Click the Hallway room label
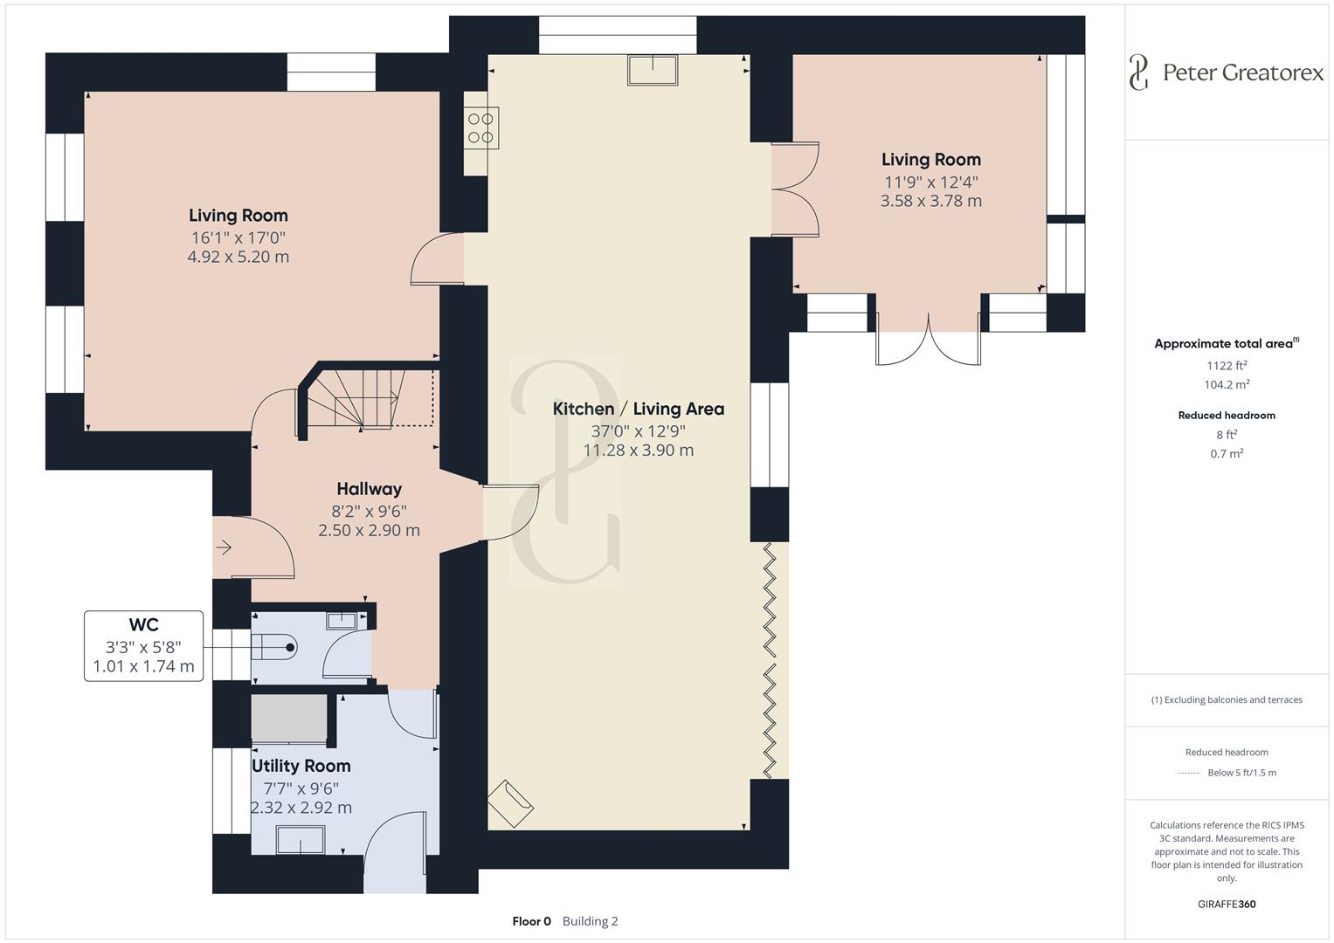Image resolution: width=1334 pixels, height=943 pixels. [x=369, y=489]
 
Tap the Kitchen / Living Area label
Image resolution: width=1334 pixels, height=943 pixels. [x=638, y=409]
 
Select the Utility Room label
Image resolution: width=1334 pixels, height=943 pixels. [x=301, y=766]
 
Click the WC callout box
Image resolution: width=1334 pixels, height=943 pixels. [x=144, y=646]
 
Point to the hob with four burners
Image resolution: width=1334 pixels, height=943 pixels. [x=481, y=127]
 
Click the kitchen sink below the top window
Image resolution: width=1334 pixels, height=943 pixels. [x=652, y=70]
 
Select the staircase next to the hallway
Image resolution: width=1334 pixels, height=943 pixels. [x=367, y=397]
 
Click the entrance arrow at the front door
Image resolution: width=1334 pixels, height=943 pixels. [x=224, y=547]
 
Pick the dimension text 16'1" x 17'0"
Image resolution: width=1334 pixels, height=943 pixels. [x=238, y=237]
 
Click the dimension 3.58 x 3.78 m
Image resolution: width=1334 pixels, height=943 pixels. [x=930, y=201]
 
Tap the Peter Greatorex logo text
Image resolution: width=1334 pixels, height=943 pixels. [x=1242, y=72]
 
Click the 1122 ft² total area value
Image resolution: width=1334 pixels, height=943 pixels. [x=1227, y=366]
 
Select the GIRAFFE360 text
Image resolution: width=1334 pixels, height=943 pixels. [x=1227, y=904]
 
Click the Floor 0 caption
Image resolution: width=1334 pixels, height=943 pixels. [x=531, y=921]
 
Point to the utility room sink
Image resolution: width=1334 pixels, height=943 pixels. [x=301, y=840]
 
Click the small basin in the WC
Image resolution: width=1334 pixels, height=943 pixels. [x=342, y=620]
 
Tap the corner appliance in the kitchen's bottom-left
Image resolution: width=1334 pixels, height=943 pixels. [x=511, y=801]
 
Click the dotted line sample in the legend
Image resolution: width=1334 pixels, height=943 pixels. [x=1189, y=773]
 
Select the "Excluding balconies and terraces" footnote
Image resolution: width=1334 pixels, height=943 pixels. [x=1227, y=699]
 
